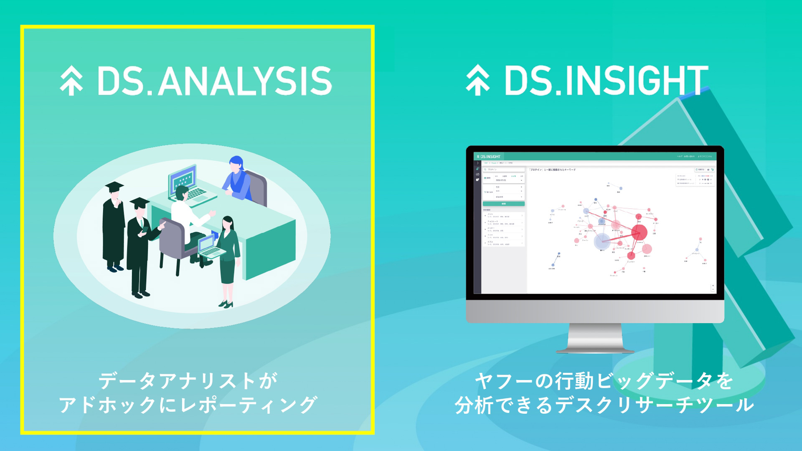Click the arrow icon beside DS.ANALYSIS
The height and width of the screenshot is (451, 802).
coord(71,81)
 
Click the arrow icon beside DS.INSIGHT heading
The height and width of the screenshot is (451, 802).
coord(478,80)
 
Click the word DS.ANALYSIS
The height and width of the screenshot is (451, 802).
coord(214,81)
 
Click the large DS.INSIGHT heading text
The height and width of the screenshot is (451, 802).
coord(607,80)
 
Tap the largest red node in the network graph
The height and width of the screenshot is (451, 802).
coord(639,232)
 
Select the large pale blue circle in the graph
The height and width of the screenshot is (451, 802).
coord(602,241)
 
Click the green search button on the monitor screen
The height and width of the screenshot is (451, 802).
coord(504,204)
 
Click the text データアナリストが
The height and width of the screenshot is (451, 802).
coord(188,381)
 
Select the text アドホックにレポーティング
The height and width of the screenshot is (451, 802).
coord(188,405)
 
